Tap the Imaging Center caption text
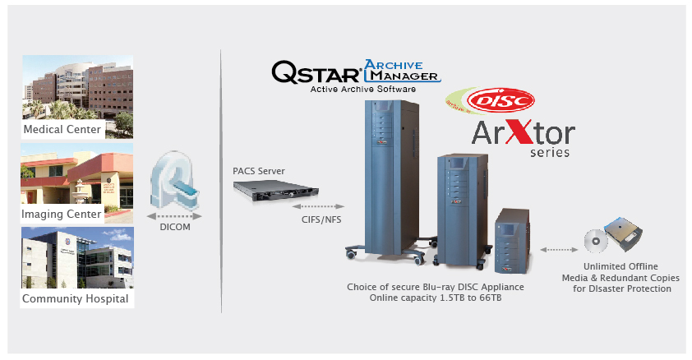pyautogui.click(x=62, y=214)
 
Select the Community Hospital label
pyautogui.click(x=75, y=298)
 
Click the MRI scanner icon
pyautogui.click(x=174, y=181)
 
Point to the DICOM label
pyautogui.click(x=175, y=227)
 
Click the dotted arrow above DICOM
pyautogui.click(x=174, y=216)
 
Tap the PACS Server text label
pyautogui.click(x=259, y=171)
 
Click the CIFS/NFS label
pyautogui.click(x=321, y=219)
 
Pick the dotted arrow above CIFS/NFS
pyautogui.click(x=318, y=206)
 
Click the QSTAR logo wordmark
pyautogui.click(x=316, y=72)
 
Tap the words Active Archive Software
pyautogui.click(x=362, y=89)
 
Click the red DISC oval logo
pyautogui.click(x=501, y=100)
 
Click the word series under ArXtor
pyautogui.click(x=550, y=152)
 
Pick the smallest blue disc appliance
pyautogui.click(x=512, y=241)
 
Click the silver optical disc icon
pyautogui.click(x=596, y=241)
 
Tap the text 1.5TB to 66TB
pyautogui.click(x=470, y=298)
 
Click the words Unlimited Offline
pyautogui.click(x=620, y=266)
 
